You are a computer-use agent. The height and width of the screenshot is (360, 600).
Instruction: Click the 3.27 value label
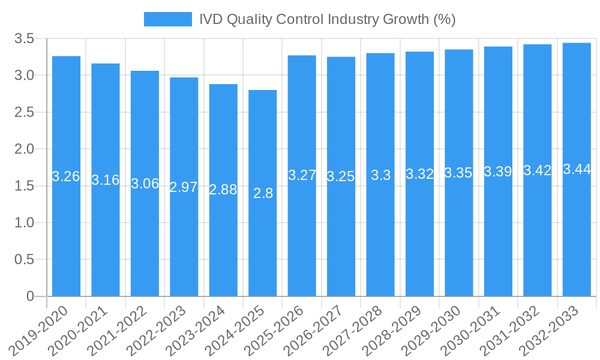pyautogui.click(x=302, y=176)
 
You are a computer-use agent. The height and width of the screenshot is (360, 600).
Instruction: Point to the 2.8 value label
pyautogui.click(x=263, y=193)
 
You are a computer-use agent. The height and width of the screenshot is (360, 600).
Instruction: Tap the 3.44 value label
pyautogui.click(x=577, y=169)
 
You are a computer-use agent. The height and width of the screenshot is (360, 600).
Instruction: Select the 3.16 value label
pyautogui.click(x=106, y=179)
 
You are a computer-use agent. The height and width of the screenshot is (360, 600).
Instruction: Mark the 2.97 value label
pyautogui.click(x=184, y=187)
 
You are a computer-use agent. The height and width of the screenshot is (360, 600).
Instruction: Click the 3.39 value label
pyautogui.click(x=498, y=172)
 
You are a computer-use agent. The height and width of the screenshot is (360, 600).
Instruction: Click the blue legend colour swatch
pyautogui.click(x=167, y=19)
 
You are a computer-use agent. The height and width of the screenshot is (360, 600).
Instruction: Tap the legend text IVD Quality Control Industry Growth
pyautogui.click(x=328, y=19)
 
